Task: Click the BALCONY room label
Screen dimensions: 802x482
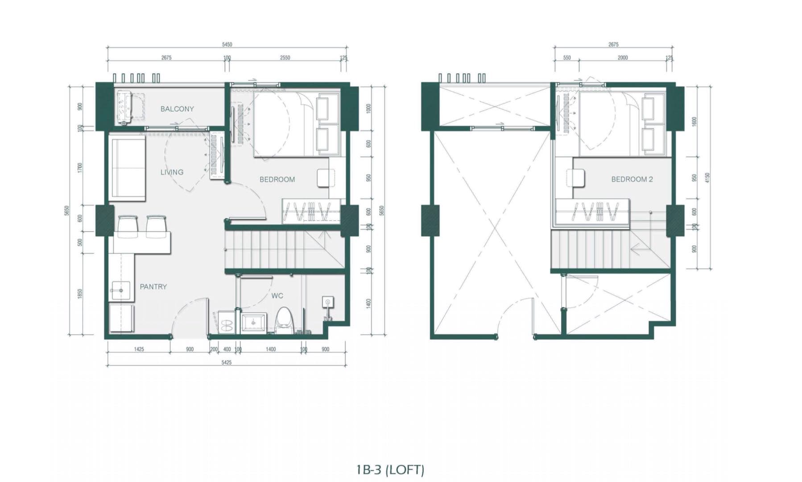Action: pos(177,109)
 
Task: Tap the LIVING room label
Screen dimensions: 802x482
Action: pos(172,172)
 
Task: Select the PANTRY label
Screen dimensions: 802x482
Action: pos(153,287)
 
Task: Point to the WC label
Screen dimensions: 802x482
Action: pos(277,295)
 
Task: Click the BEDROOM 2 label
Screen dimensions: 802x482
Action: pos(632,179)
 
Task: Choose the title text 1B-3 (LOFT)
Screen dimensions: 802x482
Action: pos(390,470)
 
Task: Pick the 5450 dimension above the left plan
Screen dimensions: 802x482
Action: pos(227,45)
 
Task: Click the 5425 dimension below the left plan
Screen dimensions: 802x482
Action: pos(226,362)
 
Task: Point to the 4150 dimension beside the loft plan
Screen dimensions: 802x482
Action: pos(707,178)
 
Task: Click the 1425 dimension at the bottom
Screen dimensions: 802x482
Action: pos(139,349)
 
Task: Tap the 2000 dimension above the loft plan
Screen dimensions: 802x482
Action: pos(623,58)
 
